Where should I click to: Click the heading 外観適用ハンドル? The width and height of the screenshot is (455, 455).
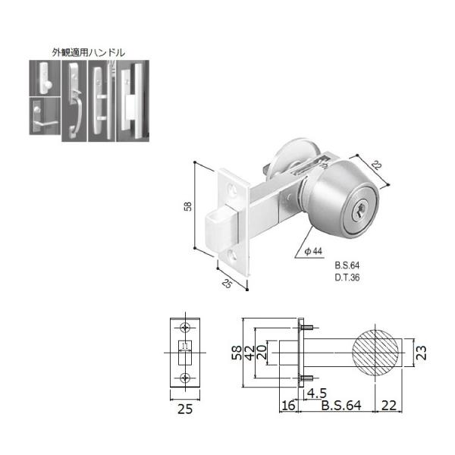89,52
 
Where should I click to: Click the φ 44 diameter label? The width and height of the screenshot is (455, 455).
313,251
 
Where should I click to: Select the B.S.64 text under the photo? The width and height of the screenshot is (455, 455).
347,265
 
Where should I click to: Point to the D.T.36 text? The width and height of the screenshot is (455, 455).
347,278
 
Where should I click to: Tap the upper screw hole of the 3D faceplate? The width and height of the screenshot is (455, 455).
233,189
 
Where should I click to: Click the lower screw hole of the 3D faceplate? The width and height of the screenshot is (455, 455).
232,255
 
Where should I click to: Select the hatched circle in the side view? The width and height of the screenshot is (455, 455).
375,353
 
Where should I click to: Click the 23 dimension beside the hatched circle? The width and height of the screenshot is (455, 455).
422,353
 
